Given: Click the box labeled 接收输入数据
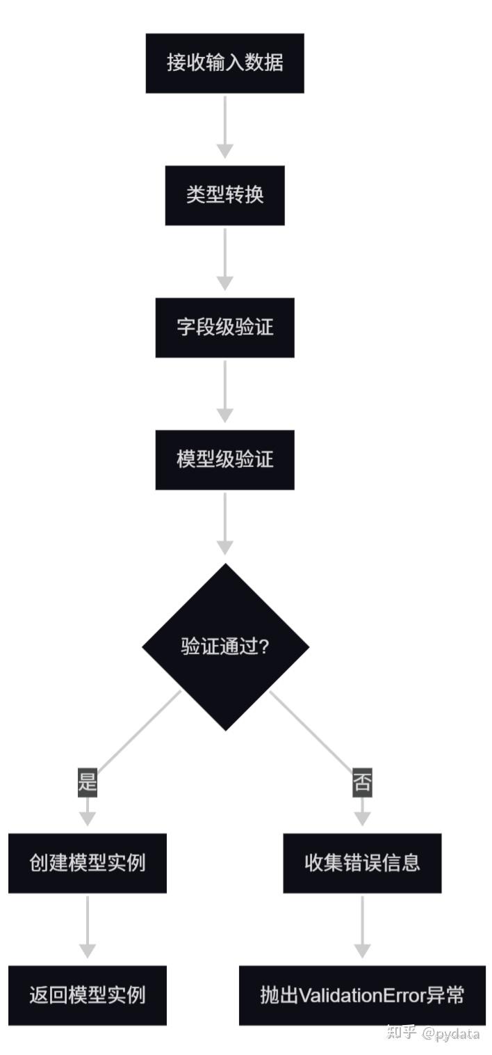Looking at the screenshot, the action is pos(224,63).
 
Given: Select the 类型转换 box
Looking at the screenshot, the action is pos(224,195).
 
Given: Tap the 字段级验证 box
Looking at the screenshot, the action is pos(224,327).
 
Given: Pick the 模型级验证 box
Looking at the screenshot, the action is pos(224,459).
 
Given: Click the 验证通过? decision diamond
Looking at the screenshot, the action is pos(225,647).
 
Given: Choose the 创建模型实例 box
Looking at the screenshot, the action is pos(88,863).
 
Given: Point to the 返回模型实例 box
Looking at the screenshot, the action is pos(88,995).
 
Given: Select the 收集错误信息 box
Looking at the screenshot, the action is pos(362,863).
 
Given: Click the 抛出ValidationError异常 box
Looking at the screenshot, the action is pos(362,995).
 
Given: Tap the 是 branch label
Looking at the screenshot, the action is pos(88,783).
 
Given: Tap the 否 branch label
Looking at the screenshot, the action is pos(362,783).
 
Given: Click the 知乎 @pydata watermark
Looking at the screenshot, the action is pos(433,1033).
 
